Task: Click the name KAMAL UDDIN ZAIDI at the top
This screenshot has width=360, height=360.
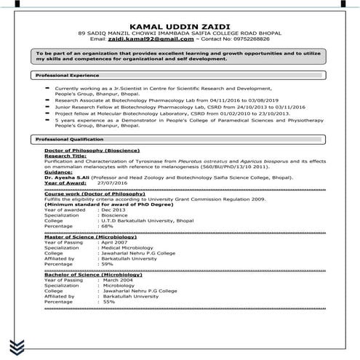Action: click(x=180, y=23)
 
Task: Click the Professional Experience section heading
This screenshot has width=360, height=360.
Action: click(x=67, y=75)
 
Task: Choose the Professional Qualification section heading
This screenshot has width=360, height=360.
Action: click(x=68, y=139)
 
